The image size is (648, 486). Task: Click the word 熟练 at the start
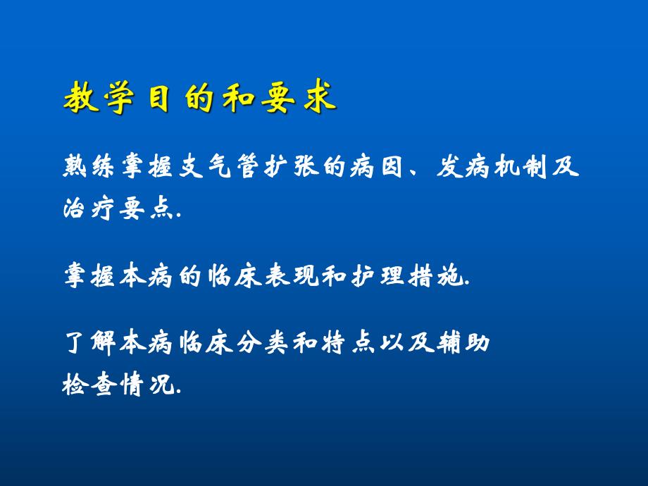(88, 170)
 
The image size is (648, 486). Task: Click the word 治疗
(88, 209)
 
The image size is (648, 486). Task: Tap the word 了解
(88, 346)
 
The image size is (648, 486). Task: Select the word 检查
(88, 386)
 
